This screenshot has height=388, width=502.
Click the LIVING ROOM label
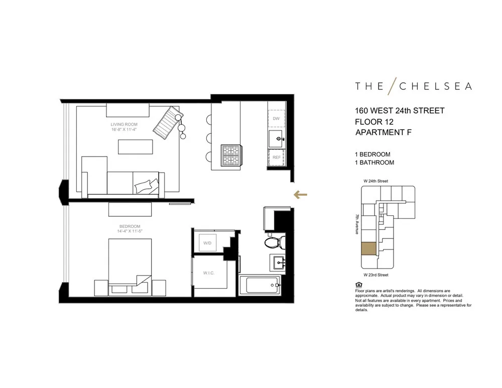pos(124,124)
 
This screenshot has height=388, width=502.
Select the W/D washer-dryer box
pos(207,243)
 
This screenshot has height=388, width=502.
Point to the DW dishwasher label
pos(276,118)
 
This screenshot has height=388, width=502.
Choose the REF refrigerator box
pos(276,158)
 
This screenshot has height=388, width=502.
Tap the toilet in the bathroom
pos(275,243)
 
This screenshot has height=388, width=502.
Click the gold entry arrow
pos(300,195)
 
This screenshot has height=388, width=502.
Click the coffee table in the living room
pos(135,147)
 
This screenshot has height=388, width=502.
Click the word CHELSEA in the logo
pos(435,86)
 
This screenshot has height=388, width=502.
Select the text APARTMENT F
pos(387,133)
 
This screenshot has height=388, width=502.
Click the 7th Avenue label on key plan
pos(357,224)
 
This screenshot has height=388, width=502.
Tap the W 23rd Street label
pos(376,275)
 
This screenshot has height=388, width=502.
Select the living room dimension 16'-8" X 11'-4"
pos(124,130)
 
